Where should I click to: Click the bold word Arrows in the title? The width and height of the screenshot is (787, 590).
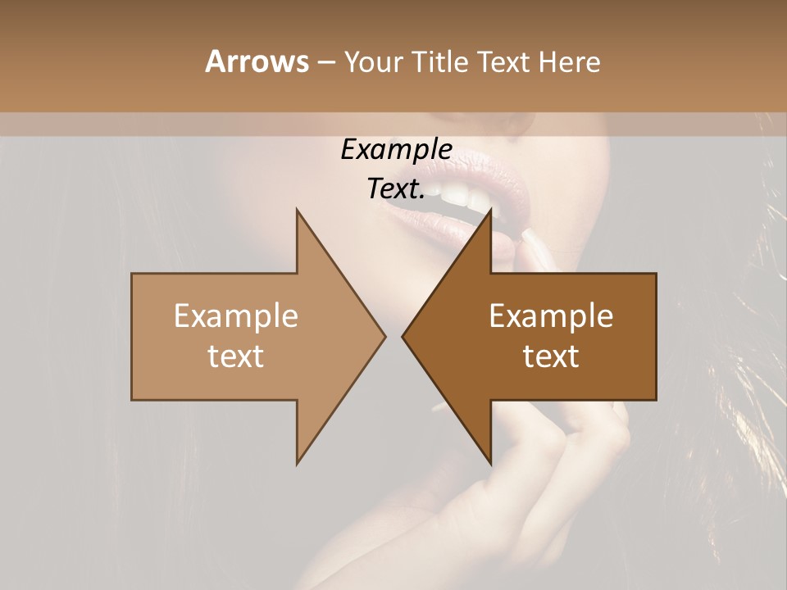pos(256,61)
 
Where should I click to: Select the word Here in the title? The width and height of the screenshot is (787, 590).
pos(568,61)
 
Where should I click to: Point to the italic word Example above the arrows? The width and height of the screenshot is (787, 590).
pos(396,149)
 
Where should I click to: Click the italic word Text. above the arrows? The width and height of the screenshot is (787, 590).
pos(396,189)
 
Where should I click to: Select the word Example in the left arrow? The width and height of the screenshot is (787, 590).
pos(236,315)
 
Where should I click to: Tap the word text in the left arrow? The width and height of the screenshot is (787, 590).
pos(236,356)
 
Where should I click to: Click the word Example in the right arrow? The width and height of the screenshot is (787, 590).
pos(551,315)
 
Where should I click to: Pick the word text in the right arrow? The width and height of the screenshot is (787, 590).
pos(551,356)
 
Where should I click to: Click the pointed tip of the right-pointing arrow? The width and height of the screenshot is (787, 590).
pos(384,336)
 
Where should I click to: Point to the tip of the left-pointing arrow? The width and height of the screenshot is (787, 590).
pos(403,336)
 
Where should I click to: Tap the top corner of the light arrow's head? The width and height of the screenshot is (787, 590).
pos(297,210)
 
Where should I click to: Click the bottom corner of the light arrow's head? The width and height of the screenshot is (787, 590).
pos(297,463)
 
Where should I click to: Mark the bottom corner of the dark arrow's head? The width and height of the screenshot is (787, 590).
pos(490,463)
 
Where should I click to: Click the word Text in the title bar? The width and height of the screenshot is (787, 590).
pos(506,61)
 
